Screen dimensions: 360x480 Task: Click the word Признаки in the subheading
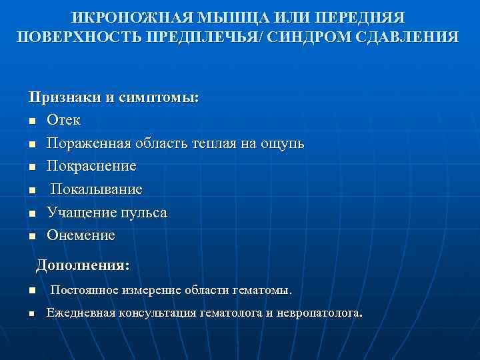(65, 97)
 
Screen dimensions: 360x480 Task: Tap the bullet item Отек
(63, 121)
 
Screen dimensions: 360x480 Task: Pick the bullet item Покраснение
(91, 166)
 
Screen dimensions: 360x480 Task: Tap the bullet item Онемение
(81, 235)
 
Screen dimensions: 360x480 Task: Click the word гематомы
(262, 291)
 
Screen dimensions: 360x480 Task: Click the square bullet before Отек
(32, 121)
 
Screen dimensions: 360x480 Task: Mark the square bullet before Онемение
(32, 236)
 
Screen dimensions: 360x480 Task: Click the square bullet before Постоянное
(32, 291)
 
